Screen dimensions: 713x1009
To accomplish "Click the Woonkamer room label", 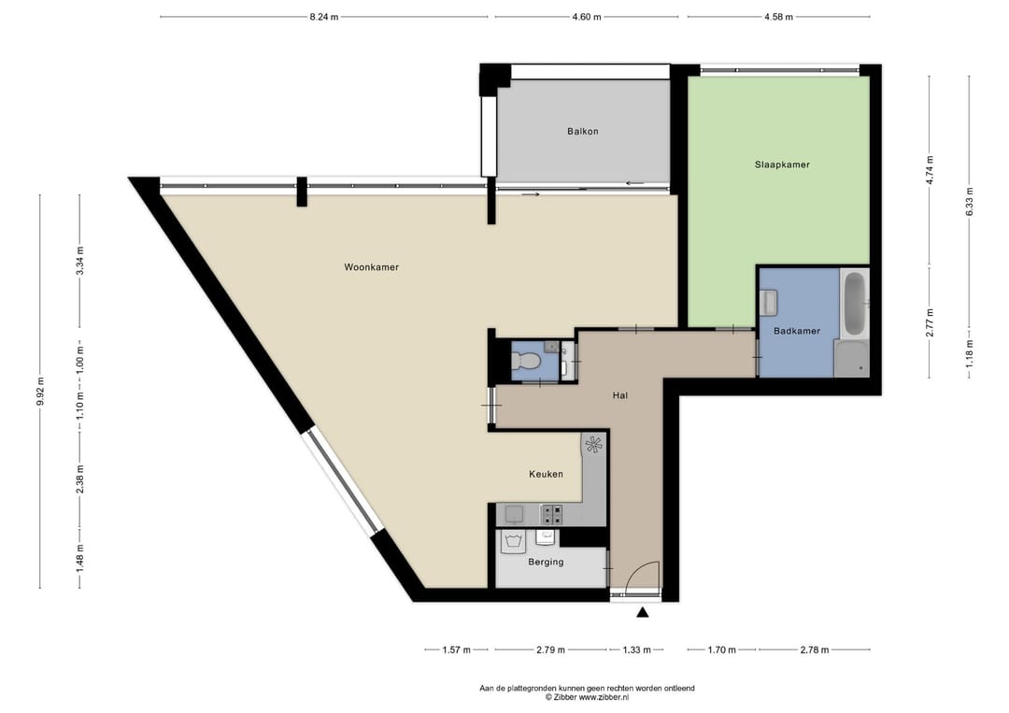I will [x=371, y=267].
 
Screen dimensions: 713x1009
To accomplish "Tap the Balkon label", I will [x=582, y=132].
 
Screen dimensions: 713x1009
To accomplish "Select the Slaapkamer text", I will [x=782, y=164].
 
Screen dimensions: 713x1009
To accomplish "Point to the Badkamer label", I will [x=797, y=331].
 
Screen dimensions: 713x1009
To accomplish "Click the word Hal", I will [x=619, y=395].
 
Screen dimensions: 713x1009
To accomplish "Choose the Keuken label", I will [x=546, y=474].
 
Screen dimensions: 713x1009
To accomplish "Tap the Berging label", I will [x=546, y=562].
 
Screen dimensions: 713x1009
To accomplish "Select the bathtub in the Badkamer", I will [x=854, y=304].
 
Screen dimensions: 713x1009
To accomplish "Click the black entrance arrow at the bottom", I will [x=642, y=613].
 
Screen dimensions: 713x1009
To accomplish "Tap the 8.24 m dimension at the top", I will [x=323, y=17].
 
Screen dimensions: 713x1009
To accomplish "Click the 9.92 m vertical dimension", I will [x=39, y=392].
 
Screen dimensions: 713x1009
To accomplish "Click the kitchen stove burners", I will [x=551, y=513].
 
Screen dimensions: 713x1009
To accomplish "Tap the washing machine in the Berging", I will [x=511, y=539].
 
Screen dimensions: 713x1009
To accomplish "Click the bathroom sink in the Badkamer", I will [x=770, y=302].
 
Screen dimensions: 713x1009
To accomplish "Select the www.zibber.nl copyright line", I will [x=587, y=697].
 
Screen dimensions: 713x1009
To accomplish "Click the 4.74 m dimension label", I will [x=929, y=170].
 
